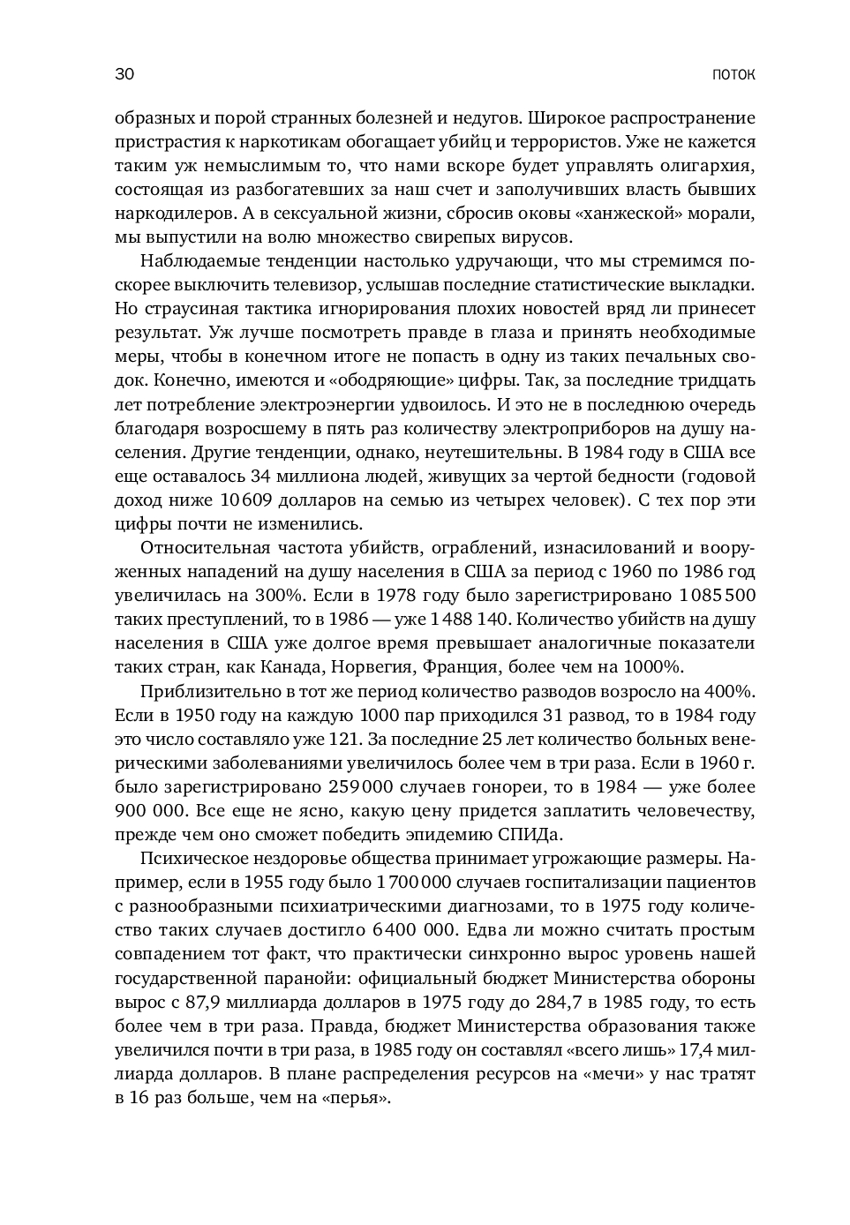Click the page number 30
point(124,74)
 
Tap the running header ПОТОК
point(733,75)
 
